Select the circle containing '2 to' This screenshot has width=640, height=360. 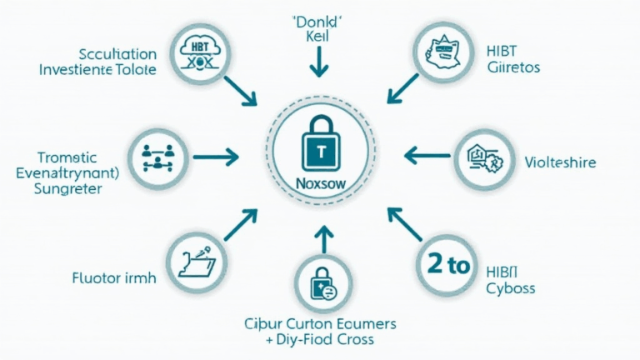[x=448, y=266]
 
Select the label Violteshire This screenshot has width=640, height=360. [x=560, y=162]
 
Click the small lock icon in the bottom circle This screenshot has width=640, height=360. [x=321, y=285]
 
